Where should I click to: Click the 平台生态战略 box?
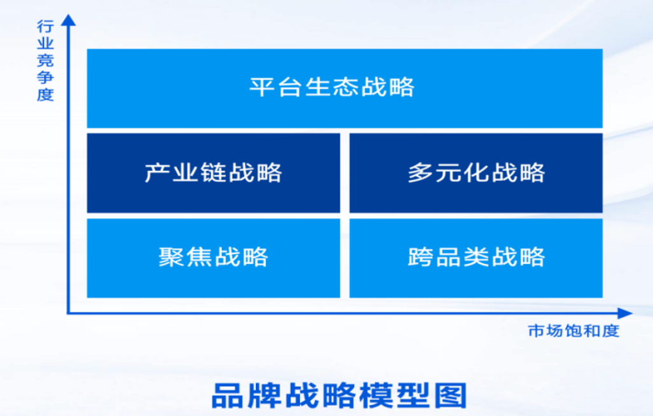[344, 88]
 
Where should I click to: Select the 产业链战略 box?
[213, 173]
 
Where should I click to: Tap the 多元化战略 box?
[476, 173]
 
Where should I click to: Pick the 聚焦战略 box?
[213, 258]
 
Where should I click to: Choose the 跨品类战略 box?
[476, 258]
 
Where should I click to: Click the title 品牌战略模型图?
[339, 396]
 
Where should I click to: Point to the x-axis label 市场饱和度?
[573, 331]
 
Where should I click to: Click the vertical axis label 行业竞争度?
[45, 60]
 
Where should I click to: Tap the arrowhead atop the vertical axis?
[69, 20]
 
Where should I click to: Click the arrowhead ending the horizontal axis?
[625, 313]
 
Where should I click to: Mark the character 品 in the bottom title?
[227, 396]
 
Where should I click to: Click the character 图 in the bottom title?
[451, 396]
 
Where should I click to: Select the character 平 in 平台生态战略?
[262, 87]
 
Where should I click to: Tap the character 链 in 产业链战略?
[213, 172]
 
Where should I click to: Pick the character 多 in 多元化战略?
[421, 172]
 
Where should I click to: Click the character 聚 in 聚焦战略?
[171, 257]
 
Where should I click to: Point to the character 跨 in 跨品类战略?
[421, 257]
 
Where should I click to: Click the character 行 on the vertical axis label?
[45, 27]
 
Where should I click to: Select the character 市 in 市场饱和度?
[537, 331]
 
